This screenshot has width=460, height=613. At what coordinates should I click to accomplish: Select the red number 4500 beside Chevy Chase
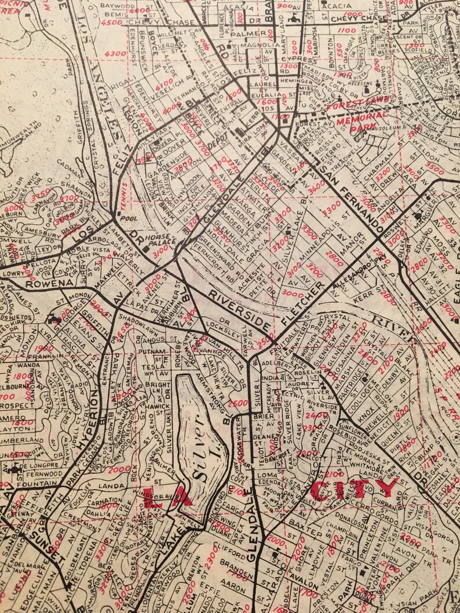click(x=111, y=23)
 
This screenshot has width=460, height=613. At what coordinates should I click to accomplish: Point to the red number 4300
click(x=116, y=53)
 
